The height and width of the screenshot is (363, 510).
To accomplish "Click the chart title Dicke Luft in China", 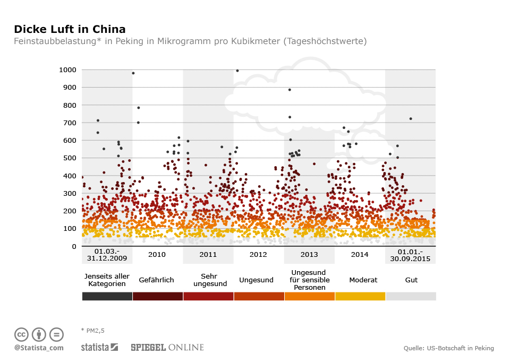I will pyautogui.click(x=70, y=29).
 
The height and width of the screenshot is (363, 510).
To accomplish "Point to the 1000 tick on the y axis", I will pyautogui.click(x=67, y=70).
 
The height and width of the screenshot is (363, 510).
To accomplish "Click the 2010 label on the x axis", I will pyautogui.click(x=157, y=255).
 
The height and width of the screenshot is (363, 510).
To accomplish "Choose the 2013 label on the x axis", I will pyautogui.click(x=309, y=255).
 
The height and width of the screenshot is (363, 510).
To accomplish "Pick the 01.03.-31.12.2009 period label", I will pyautogui.click(x=107, y=255).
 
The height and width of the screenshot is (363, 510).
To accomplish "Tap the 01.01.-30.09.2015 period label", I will pyautogui.click(x=410, y=255).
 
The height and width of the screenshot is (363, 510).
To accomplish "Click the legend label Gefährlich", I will pyautogui.click(x=156, y=280).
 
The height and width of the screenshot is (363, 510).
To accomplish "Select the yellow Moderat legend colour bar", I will pyautogui.click(x=360, y=296).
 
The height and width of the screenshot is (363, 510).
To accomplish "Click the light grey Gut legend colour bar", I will pyautogui.click(x=411, y=296).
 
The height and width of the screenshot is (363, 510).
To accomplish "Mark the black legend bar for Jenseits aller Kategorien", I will pyautogui.click(x=107, y=296).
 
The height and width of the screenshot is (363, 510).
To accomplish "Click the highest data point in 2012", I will pyautogui.click(x=237, y=71).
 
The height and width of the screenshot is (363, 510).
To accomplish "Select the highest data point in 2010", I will pyautogui.click(x=133, y=73).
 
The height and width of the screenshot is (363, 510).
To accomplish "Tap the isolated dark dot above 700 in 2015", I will pyautogui.click(x=411, y=118).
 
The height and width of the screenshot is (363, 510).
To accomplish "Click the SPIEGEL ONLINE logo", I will pyautogui.click(x=167, y=348).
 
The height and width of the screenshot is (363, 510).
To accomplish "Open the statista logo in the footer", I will pyautogui.click(x=99, y=348).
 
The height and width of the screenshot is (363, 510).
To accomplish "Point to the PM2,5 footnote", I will pyautogui.click(x=93, y=330).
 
